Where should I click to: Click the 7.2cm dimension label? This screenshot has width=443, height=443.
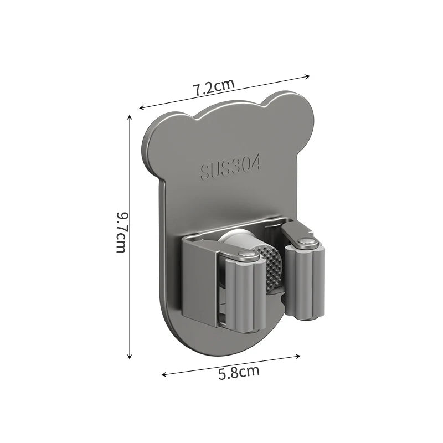coord(214,88)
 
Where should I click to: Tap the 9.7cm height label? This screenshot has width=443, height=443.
coord(122,232)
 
